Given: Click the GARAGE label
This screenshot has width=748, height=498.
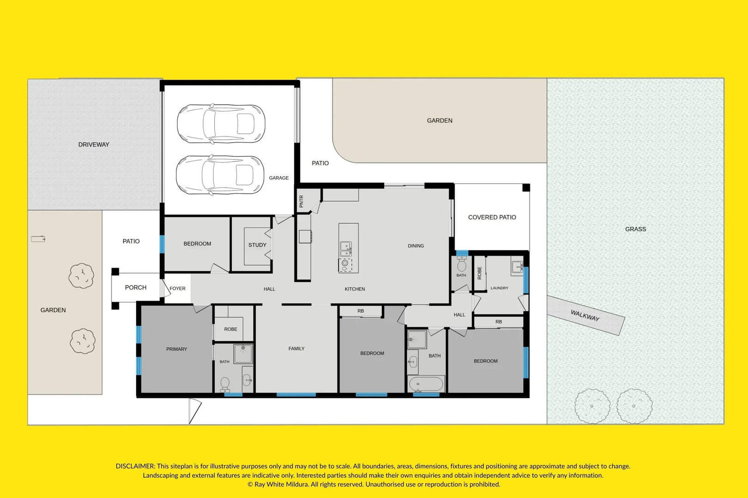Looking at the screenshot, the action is point(279,178).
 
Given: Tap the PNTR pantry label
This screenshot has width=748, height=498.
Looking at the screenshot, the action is point(301,202).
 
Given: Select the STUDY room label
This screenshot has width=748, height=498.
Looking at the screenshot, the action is point(257,245).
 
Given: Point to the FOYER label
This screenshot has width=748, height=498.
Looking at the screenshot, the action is point(177,288).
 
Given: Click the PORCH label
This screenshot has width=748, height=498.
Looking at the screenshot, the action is point(136,287).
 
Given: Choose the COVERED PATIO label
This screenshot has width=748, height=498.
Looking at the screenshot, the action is point(492,217).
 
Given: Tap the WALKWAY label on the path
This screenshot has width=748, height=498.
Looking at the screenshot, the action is point(585,315).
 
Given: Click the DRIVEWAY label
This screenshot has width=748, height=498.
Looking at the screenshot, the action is point(94,144).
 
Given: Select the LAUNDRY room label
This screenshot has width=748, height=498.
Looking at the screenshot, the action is point(499,288).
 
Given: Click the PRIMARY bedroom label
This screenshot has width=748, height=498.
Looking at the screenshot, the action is point(177,349).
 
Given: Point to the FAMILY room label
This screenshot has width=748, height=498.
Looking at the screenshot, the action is point(296,348).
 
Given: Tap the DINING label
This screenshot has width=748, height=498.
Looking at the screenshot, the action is point(416,245).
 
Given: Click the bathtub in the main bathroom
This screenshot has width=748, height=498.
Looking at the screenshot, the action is point(426,384).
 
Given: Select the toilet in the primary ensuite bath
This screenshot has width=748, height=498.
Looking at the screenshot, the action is point(225,385).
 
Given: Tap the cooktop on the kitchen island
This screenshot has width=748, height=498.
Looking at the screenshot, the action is point(345,265).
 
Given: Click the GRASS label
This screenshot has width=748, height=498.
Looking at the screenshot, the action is point(635,229).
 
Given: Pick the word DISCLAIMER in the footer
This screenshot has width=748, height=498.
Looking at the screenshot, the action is point(135,466).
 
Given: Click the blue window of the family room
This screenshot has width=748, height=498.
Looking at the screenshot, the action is point(296,395).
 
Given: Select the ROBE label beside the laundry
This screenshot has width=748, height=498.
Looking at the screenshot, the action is point(480,273).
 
